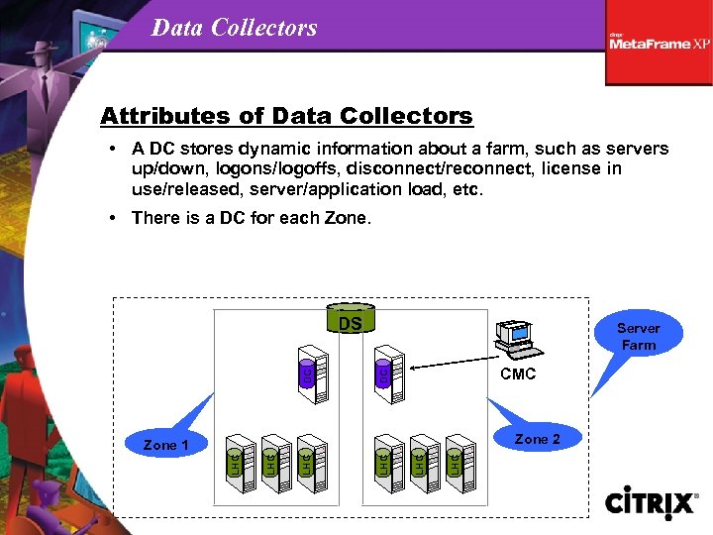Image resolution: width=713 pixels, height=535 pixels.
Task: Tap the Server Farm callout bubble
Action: (638, 336)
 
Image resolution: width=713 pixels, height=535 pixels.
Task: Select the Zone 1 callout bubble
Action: (165, 445)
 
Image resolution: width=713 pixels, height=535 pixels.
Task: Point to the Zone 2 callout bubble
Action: (538, 439)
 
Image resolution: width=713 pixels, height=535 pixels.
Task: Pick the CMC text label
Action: (518, 374)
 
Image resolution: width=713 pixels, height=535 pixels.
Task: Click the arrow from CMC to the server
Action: (451, 369)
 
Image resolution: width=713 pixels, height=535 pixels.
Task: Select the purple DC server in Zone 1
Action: (315, 374)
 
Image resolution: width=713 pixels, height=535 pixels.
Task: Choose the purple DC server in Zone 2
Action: (388, 374)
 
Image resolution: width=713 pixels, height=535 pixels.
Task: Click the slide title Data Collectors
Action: (235, 27)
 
